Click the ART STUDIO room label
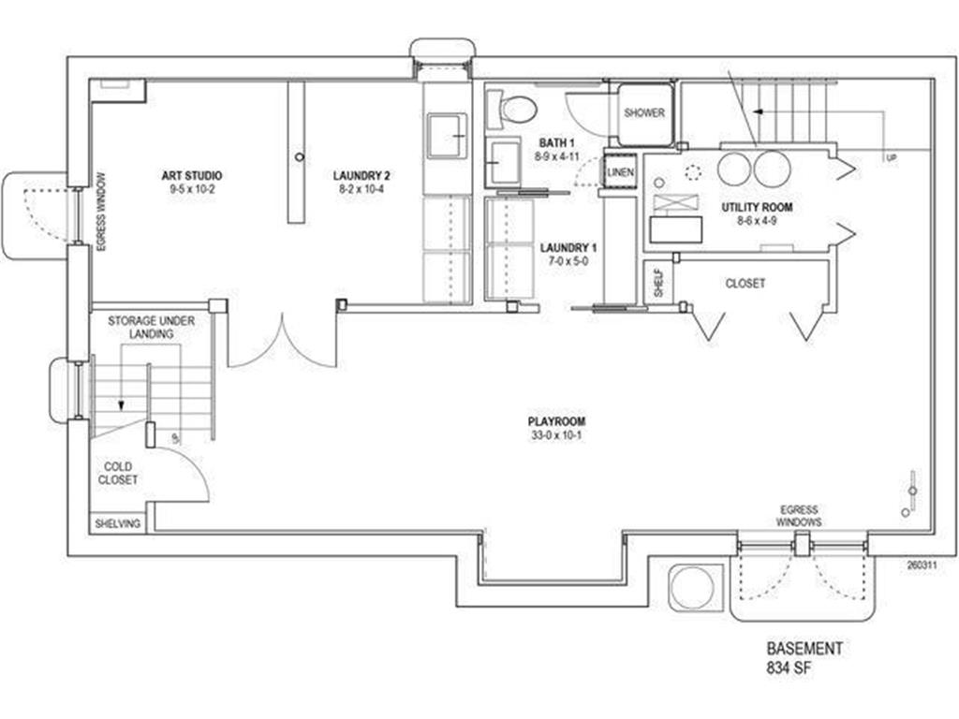pos(191,176)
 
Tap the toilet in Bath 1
pos(512,110)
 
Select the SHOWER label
pos(644,113)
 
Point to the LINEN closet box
pos(620,173)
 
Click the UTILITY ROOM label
pos(757,207)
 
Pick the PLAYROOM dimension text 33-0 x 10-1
pos(556,436)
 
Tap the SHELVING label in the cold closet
pos(117,524)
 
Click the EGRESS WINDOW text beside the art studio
pos(101,212)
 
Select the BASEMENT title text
pos(804,649)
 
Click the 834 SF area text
pos(789,668)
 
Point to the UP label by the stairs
pos(892,158)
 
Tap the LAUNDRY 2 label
pos(361,176)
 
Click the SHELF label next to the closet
pos(658,283)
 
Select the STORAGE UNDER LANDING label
pos(152,327)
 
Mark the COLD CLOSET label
pos(117,473)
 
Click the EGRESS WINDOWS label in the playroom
pos(799,516)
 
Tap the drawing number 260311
pos(922,565)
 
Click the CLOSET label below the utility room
pos(745,284)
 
